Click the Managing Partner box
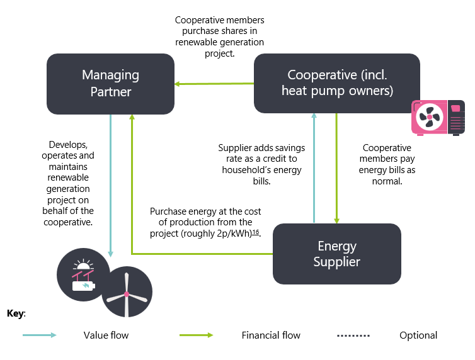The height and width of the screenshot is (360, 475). coord(110,84)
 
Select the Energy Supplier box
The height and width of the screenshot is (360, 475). coord(336,253)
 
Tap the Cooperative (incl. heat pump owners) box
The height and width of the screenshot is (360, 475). coord(336,83)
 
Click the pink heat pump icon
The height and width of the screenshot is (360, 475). coord(438,117)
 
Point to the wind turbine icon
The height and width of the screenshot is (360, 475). coord(127,293)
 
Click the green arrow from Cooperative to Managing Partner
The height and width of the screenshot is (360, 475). coord(214,84)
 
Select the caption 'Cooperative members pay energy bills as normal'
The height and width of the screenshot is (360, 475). coord(387,164)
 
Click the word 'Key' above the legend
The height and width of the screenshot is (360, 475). coord(16,313)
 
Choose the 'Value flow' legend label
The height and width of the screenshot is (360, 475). coord(106,335)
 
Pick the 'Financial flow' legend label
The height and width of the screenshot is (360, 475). coord(271,335)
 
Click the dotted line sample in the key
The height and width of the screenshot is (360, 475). coord(353,335)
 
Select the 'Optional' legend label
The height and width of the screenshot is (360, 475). coord(418,335)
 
